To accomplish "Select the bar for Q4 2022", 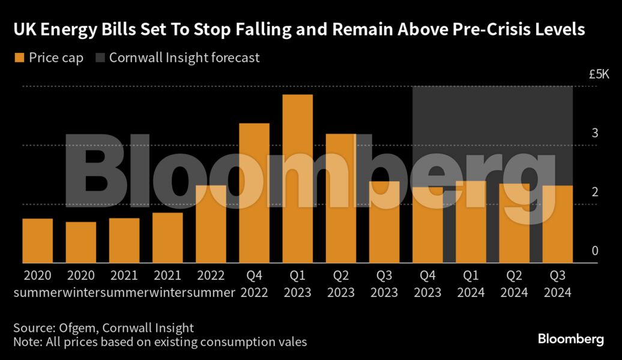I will coord(254,193).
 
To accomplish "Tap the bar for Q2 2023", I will coord(340,199).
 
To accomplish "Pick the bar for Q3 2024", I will coord(557,224).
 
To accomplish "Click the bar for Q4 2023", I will coord(427,225).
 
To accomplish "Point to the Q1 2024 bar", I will coord(471,222).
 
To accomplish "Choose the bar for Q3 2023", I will coord(384,222).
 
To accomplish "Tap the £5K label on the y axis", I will coord(599,75).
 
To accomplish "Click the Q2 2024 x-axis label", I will coord(514,284).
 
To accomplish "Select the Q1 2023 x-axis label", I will coord(297,284).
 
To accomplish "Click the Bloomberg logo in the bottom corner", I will coord(570,339).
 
